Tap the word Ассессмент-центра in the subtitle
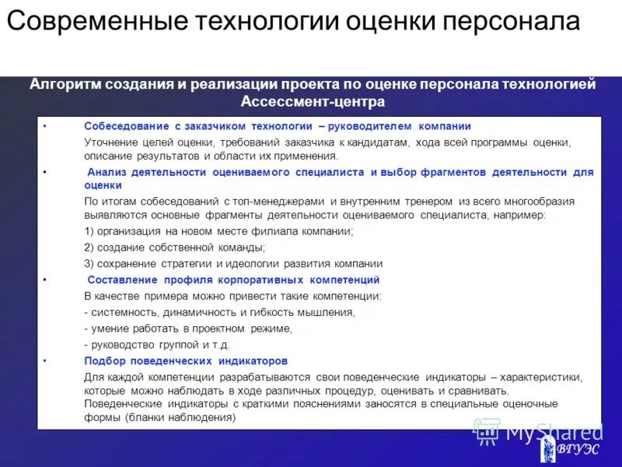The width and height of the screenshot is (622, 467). [313, 101]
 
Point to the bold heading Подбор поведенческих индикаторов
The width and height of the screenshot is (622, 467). [186, 361]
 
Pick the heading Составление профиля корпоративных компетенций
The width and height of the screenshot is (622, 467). [233, 279]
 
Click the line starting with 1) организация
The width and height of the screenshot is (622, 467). [218, 231]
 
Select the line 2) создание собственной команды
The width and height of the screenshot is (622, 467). [174, 248]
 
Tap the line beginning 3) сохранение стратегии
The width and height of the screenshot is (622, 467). [233, 263]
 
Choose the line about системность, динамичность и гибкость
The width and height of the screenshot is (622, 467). [219, 312]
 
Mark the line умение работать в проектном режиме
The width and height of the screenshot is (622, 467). [188, 328]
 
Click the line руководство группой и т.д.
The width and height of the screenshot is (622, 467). [157, 344]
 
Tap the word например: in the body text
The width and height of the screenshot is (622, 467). [520, 215]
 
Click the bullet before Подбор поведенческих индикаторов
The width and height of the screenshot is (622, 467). [45, 361]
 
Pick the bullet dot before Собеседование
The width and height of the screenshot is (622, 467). [45, 126]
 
